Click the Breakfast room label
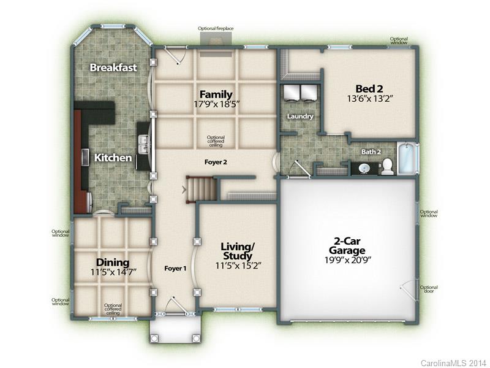(113, 67)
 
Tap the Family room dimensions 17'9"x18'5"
(216, 104)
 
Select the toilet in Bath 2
(387, 166)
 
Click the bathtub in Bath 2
(407, 158)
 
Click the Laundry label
(300, 117)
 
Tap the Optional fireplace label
(216, 28)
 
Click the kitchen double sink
(144, 144)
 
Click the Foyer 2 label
(216, 162)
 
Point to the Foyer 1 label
(175, 269)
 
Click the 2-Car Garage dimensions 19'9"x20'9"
(347, 259)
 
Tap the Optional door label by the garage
(429, 289)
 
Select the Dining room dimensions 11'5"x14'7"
(113, 272)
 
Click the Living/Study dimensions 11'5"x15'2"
(238, 266)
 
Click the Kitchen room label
(113, 158)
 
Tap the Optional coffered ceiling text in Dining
(113, 309)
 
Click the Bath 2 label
(371, 151)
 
